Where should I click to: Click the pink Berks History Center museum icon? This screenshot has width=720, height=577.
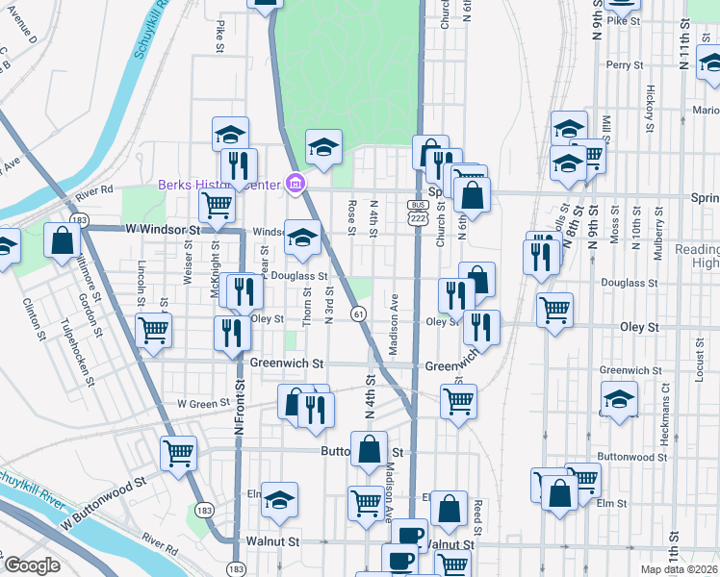click(296, 184)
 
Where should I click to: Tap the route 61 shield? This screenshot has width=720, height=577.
click(357, 314)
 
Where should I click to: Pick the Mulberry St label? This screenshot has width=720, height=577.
click(658, 230)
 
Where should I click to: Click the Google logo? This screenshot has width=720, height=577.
click(32, 565)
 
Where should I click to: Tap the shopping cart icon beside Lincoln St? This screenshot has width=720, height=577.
click(154, 329)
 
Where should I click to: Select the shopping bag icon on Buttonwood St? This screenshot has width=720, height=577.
click(369, 448)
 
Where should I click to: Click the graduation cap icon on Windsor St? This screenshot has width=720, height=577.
click(302, 237)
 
